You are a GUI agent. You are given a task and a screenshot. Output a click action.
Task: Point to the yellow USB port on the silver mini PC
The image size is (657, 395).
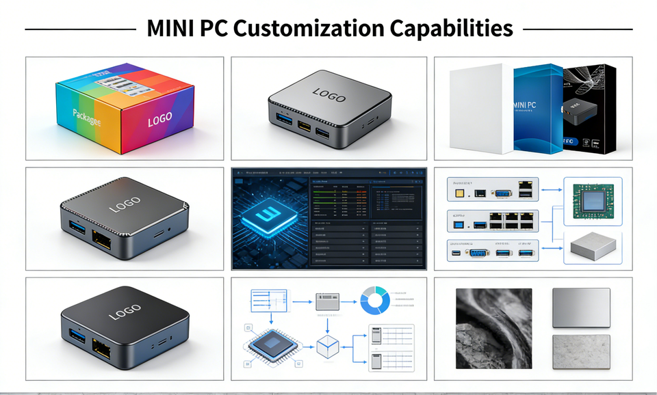tap(303, 128)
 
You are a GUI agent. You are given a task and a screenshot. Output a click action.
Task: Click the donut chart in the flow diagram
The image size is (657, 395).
tap(375, 301)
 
